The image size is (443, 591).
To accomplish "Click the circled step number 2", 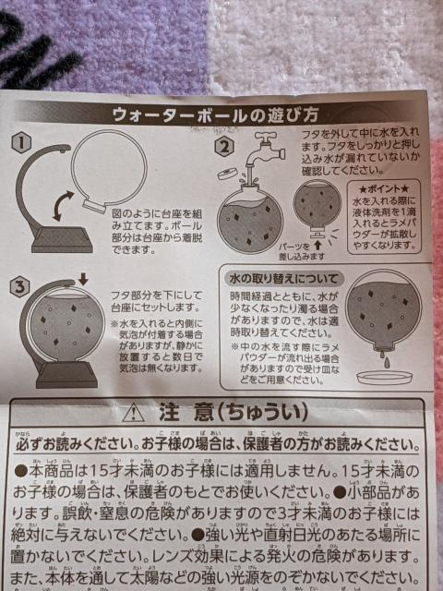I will point(223,145).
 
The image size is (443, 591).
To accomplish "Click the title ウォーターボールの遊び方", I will point(215,115).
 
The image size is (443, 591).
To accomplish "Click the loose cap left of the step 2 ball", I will point(224,175).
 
